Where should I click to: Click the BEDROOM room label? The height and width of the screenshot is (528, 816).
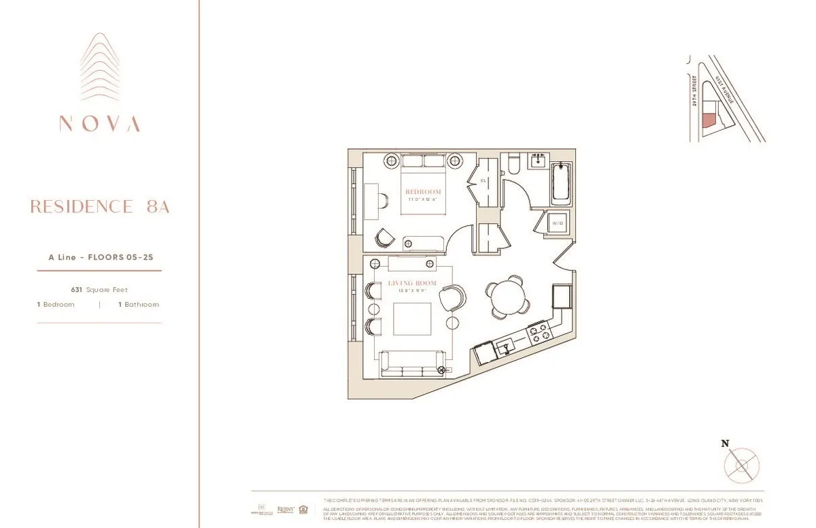424,191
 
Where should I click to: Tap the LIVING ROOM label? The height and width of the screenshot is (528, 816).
412,282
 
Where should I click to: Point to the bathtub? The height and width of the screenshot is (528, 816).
561,182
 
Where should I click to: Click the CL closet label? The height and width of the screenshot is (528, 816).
483,181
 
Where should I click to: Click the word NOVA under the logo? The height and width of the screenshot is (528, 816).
99,124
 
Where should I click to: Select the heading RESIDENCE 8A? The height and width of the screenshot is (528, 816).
99,207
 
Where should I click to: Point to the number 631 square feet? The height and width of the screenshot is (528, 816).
77,289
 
